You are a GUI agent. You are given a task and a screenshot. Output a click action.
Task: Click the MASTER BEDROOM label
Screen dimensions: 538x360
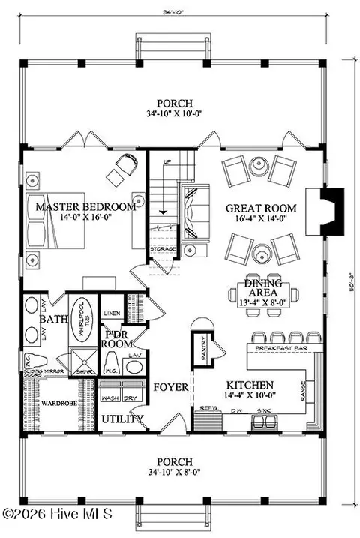(x=85, y=206)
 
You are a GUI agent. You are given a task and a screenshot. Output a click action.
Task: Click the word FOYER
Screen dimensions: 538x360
(x=171, y=388)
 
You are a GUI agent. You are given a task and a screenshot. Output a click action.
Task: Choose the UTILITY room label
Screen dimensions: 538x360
(x=122, y=419)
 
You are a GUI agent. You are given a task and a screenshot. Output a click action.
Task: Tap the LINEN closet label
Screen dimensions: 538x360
(x=112, y=312)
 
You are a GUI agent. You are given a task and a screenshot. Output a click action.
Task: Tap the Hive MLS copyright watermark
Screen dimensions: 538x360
(x=56, y=514)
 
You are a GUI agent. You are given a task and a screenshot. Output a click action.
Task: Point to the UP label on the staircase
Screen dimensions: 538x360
(x=166, y=161)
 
